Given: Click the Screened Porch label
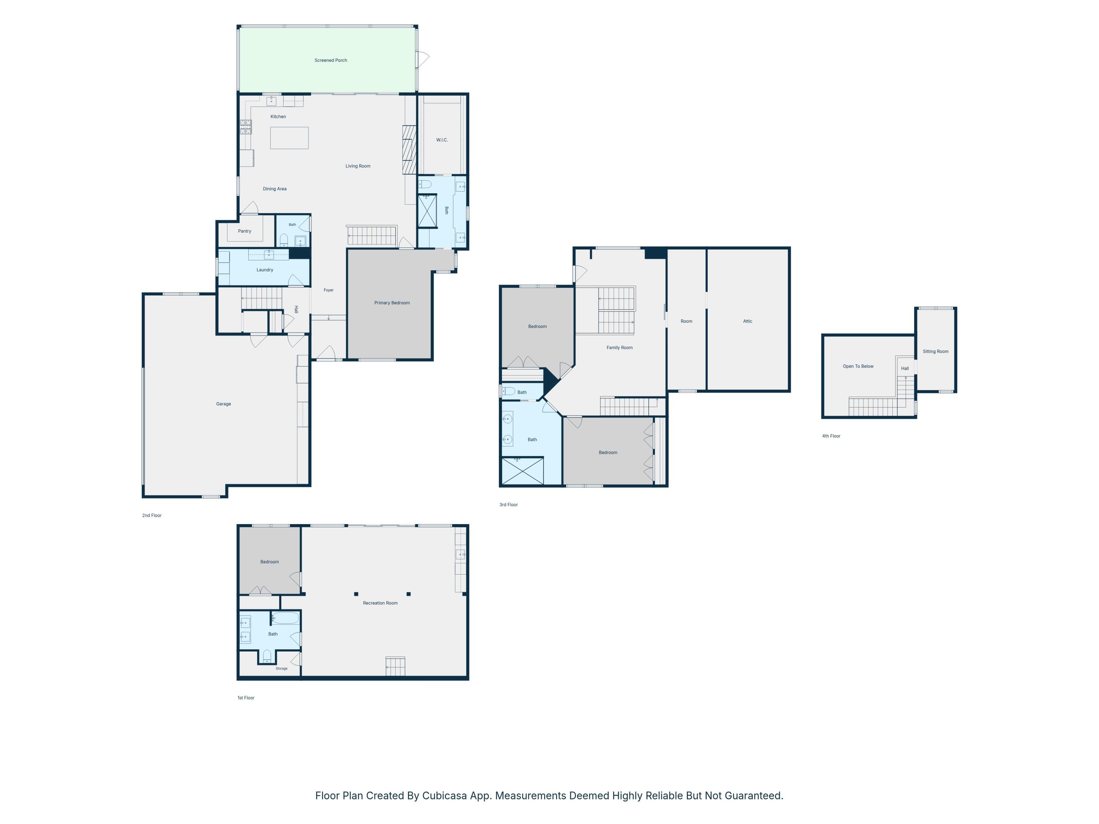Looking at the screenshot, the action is tap(330, 60).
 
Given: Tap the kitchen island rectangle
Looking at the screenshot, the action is tap(289, 138).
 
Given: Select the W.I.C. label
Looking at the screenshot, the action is tap(442, 140).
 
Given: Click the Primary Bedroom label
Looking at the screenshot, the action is tap(392, 303).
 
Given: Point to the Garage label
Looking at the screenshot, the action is tap(223, 404).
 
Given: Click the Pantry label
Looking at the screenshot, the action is tap(244, 231).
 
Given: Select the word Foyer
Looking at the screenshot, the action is tap(328, 290).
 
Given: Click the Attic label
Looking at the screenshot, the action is tap(748, 321).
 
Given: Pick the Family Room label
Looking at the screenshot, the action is tap(619, 348).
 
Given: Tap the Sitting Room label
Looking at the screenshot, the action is tap(936, 352).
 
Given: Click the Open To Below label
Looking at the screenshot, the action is tap(858, 367).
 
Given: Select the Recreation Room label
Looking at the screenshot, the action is tap(380, 603).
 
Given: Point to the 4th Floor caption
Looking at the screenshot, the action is tap(831, 436).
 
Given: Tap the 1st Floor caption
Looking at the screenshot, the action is tap(246, 698).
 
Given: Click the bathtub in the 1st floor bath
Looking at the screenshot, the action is tap(286, 618).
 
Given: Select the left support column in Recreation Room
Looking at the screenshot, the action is tap(356, 594).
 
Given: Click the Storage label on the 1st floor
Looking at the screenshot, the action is tap(282, 668).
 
